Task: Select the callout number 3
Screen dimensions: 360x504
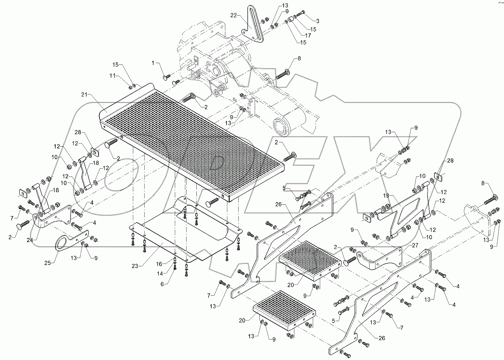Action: click(317, 21)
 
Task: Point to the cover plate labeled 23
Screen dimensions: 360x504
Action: click(184, 239)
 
